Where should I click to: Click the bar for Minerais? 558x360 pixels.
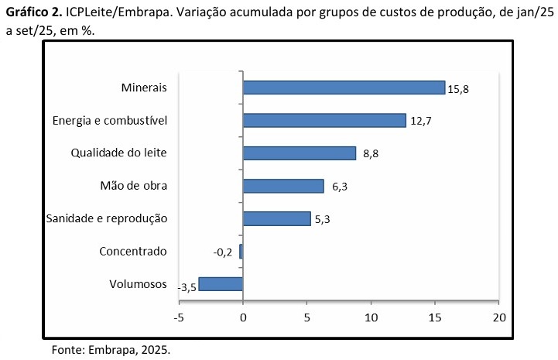pyautogui.click(x=344, y=87)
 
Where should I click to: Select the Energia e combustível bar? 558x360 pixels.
pyautogui.click(x=324, y=120)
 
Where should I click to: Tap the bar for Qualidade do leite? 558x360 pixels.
pyautogui.click(x=299, y=153)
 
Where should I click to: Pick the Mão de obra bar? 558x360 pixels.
pyautogui.click(x=283, y=186)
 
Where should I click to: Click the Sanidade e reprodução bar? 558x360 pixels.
pyautogui.click(x=276, y=218)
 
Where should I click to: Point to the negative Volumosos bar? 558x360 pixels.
pyautogui.click(x=221, y=284)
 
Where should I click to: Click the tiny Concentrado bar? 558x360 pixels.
pyautogui.click(x=241, y=252)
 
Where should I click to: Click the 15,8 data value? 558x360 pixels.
pyautogui.click(x=459, y=88)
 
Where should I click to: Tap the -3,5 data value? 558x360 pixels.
pyautogui.click(x=187, y=287)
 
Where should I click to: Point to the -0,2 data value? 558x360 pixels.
pyautogui.click(x=223, y=252)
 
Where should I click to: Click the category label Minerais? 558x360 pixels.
pyautogui.click(x=144, y=87)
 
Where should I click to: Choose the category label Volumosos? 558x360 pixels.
pyautogui.click(x=139, y=283)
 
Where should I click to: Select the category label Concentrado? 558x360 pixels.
pyautogui.click(x=133, y=251)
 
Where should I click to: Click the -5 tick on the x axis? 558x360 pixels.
pyautogui.click(x=179, y=317)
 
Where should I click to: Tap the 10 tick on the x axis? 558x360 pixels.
pyautogui.click(x=371, y=317)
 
